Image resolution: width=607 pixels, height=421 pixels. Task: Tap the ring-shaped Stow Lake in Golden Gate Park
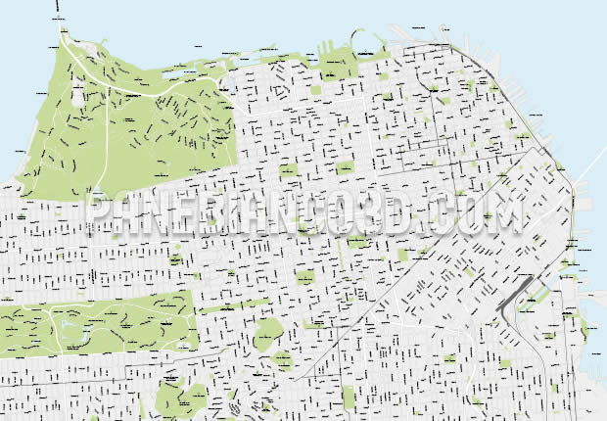tap(68, 320)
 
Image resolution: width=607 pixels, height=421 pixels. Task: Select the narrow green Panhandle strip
tap(234, 306)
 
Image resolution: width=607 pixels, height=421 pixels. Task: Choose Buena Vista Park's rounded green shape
tap(268, 339)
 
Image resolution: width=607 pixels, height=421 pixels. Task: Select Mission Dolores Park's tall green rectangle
tap(348, 397)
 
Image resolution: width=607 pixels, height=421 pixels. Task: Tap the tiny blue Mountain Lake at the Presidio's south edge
tap(98, 192)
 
